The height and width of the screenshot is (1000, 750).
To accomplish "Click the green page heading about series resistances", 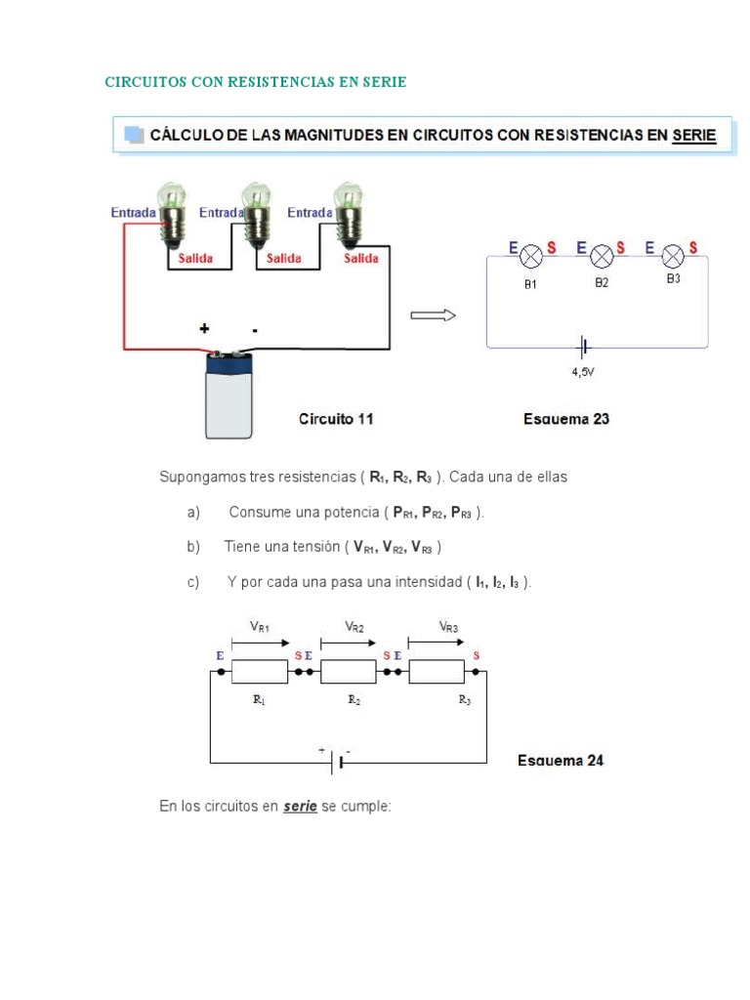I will tap(255, 82).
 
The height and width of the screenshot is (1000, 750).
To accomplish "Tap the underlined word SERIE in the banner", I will tap(693, 136).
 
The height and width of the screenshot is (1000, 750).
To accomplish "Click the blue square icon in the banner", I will tap(132, 135).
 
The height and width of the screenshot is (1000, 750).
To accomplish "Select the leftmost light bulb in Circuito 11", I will tap(171, 213).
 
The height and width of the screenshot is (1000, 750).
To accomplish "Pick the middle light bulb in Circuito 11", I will tap(257, 213).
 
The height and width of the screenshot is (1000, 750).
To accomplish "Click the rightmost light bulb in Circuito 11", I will tap(347, 213).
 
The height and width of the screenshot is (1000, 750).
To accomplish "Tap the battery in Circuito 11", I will tap(229, 395).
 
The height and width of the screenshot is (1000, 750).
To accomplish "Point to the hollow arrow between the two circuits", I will tap(433, 314).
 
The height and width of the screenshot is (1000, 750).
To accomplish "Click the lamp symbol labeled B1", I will tap(531, 257).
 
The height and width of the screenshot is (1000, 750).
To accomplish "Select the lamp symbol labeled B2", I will tap(603, 257).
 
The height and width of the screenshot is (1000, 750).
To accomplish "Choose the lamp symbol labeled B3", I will tap(673, 257).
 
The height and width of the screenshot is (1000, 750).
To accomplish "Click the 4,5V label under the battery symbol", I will tap(584, 371).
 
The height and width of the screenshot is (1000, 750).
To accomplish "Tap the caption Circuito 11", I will tap(335, 419).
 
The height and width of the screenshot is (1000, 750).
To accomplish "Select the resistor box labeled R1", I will tap(260, 672).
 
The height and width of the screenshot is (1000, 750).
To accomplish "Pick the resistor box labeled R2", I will tap(349, 672).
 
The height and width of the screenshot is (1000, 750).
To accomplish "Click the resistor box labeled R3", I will tap(437, 672).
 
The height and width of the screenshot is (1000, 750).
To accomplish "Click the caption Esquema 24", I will tap(560, 760).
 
